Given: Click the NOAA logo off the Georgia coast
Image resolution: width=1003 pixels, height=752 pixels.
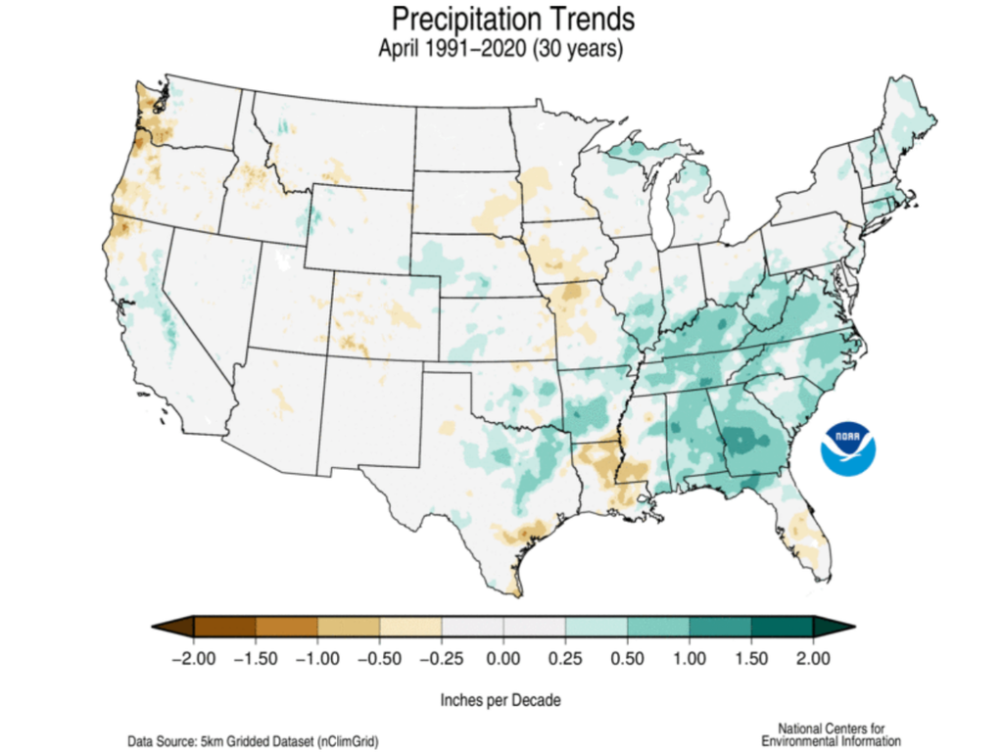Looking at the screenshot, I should point(849,448).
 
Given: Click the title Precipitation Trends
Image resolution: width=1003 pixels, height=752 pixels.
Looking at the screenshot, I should point(500,20).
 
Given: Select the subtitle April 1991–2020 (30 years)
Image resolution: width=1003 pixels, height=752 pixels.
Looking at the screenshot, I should point(500,49).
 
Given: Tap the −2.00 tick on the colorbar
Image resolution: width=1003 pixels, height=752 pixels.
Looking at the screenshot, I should point(193,655).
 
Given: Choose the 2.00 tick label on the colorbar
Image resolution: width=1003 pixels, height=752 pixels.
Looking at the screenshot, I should point(813,655).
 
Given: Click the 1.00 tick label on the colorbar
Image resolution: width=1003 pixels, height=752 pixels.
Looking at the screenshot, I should point(690,655).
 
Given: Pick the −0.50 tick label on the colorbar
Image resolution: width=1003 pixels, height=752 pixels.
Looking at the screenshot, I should point(379,655).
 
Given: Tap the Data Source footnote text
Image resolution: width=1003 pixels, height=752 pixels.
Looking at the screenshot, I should point(253,741).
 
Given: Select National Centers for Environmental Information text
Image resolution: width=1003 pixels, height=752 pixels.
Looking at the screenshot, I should point(831,734).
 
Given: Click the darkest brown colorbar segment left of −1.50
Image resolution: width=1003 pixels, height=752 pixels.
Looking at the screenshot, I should point(224,626).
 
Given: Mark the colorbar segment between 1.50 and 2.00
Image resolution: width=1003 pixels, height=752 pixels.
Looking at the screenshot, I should point(782,626).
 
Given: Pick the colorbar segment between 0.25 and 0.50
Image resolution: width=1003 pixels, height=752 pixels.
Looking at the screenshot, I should point(596,626).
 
